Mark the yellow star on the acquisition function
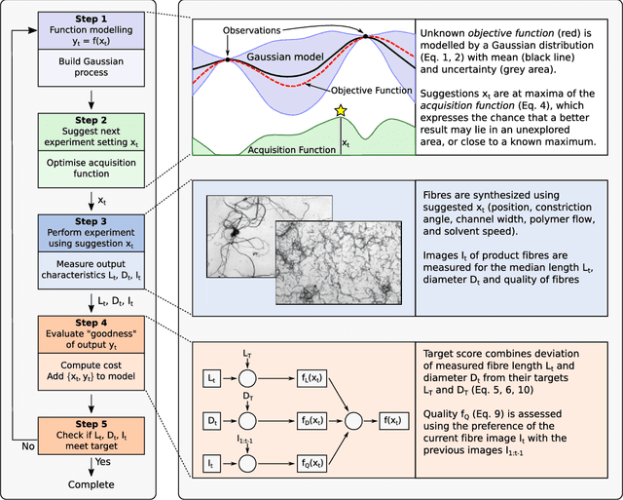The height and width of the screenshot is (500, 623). point(341,111)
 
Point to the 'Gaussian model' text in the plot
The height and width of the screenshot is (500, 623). point(286,57)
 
